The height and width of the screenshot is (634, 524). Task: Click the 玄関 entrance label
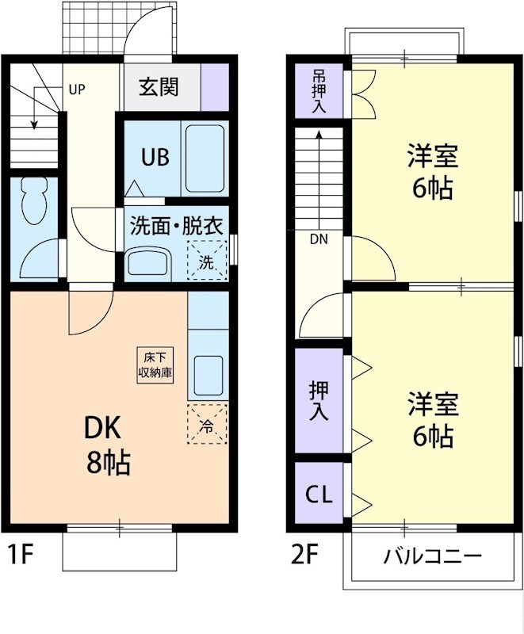159,86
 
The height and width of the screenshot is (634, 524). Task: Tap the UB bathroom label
155,157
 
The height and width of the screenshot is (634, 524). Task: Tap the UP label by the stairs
76,89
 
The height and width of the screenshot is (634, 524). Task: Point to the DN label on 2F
319,238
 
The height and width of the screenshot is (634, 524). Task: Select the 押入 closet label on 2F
319,400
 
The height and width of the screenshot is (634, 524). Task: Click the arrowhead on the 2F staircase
319,135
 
